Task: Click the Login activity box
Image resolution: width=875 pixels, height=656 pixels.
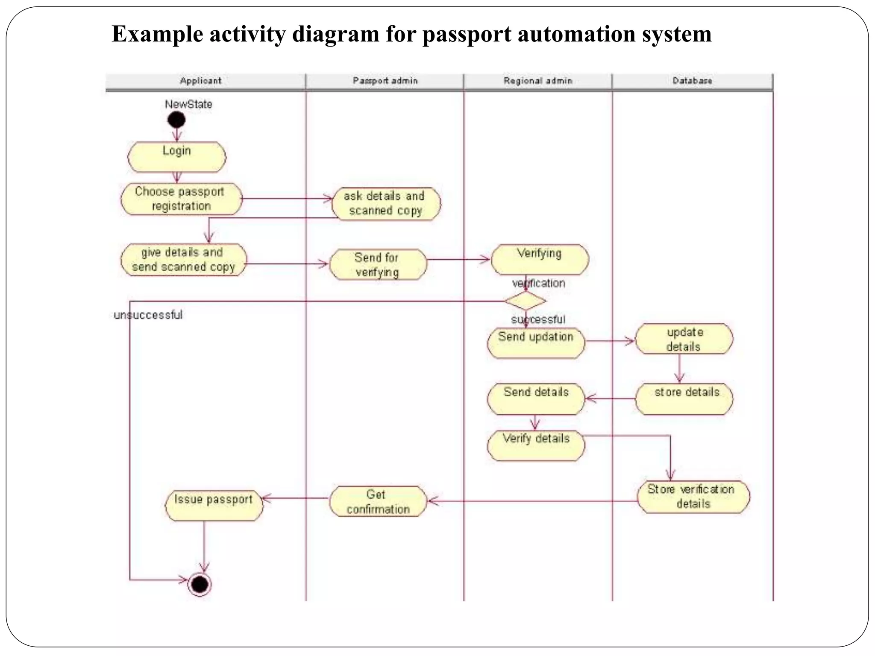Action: tap(177, 157)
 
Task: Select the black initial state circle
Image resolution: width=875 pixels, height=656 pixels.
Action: tap(176, 120)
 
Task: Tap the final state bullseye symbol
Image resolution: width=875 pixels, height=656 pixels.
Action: tap(200, 584)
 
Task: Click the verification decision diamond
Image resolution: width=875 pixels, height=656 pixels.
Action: tap(525, 301)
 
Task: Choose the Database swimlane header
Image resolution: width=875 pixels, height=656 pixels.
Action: tap(693, 81)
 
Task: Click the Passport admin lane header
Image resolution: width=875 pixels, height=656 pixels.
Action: tap(385, 81)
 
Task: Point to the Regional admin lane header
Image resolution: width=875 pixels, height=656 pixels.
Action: tap(538, 81)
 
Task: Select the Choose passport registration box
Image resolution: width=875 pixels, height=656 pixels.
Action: tap(181, 199)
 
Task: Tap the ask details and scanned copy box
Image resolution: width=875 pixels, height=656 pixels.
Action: tap(386, 204)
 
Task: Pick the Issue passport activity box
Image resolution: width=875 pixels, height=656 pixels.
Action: tap(214, 505)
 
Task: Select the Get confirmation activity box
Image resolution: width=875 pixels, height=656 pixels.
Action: tap(378, 501)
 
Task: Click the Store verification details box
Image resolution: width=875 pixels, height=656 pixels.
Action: tap(693, 497)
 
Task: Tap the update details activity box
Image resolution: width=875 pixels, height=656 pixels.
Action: tap(684, 339)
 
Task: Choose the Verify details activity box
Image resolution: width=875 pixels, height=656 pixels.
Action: tap(536, 445)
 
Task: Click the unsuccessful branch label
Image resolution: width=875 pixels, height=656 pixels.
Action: tap(148, 315)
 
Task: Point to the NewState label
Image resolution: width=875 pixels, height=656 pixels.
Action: tap(188, 104)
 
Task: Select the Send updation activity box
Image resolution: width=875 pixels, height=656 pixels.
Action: tap(536, 343)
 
